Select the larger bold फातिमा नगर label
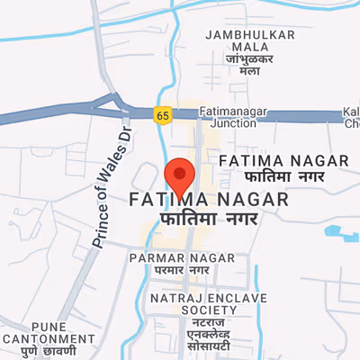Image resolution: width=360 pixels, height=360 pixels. pos(209,219)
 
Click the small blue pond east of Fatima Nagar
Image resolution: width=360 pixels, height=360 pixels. pos(337,231)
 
